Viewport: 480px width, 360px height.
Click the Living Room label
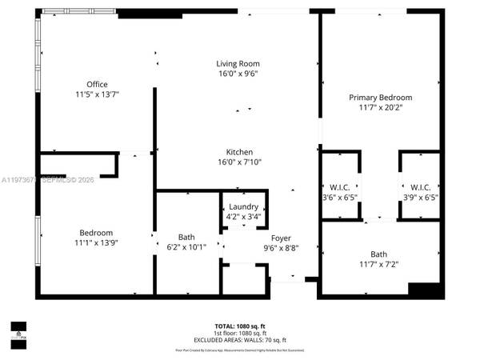coord(238,63)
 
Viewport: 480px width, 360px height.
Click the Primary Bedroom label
coord(380,97)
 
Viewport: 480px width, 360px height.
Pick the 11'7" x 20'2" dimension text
coord(380,107)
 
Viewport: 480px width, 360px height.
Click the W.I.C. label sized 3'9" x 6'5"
coord(420,187)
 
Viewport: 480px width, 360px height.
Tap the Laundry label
coord(243,206)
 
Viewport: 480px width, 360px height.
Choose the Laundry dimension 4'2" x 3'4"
coord(243,216)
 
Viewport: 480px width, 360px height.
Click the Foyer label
coord(281,238)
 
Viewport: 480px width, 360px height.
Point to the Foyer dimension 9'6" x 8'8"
coord(281,247)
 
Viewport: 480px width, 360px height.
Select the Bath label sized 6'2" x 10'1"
coord(186,237)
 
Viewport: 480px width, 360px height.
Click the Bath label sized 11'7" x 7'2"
coord(378,254)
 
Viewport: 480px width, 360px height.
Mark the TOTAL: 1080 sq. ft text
coord(239,326)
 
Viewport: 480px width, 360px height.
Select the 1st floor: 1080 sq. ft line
coord(239,333)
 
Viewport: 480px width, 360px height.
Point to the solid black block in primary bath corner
coord(425,290)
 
